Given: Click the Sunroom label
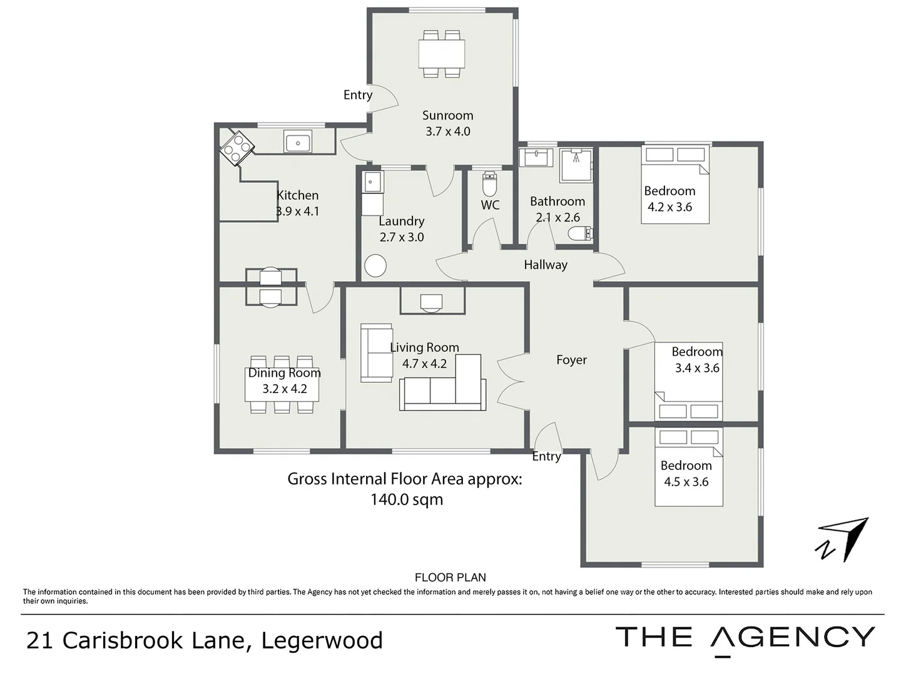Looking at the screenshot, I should [x=447, y=115].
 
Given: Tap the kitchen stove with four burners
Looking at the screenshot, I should [x=237, y=148].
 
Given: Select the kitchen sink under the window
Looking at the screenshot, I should [x=298, y=142].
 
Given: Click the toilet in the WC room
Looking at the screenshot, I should [x=490, y=185].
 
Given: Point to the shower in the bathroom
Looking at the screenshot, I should [x=576, y=165].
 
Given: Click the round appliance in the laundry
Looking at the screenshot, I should [x=375, y=265].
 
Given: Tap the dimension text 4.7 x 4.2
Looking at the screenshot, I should [x=424, y=364].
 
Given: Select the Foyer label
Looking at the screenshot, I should [x=571, y=360].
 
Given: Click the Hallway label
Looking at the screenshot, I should [x=546, y=265].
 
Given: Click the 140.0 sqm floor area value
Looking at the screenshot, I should [x=407, y=499].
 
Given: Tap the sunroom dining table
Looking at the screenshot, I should [x=442, y=54].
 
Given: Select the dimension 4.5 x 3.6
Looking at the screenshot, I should [x=686, y=482].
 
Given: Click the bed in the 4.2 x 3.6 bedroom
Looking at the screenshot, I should [x=675, y=185].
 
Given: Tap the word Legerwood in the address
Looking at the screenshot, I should [x=322, y=640].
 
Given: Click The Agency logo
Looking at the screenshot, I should [x=745, y=638].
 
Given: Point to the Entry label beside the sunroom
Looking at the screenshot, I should [x=358, y=95].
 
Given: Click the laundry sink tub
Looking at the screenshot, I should [x=372, y=182].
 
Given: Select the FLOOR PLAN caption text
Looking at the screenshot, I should [x=450, y=578].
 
